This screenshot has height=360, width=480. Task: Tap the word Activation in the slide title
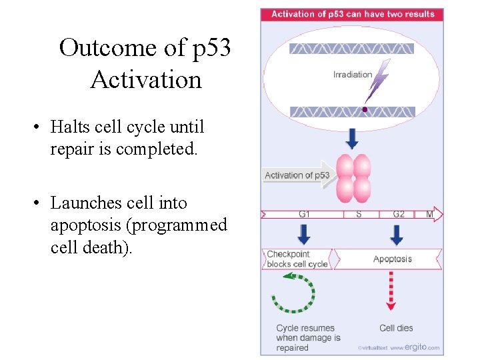tap(145, 80)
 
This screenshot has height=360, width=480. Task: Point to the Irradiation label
tap(352, 75)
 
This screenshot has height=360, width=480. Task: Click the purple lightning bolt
tap(378, 81)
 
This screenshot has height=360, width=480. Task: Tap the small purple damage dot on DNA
tap(365, 109)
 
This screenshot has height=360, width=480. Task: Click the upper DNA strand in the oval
tap(351, 49)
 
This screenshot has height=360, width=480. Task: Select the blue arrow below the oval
tap(352, 138)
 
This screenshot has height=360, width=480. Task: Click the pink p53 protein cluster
tap(353, 178)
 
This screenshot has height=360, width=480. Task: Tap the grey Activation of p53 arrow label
tap(297, 175)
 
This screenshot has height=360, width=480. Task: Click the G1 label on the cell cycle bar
tap(304, 215)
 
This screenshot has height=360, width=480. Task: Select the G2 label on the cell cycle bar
tap(398, 215)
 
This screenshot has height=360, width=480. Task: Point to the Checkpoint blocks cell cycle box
tap(297, 259)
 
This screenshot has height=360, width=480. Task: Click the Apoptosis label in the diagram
tap(392, 259)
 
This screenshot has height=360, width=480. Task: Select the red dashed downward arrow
tap(391, 290)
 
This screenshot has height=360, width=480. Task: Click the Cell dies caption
tap(396, 328)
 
